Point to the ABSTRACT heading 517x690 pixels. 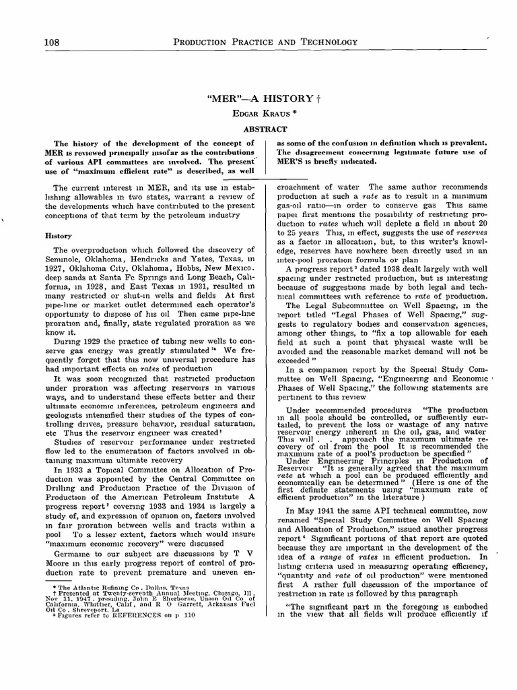coord(258,129)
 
